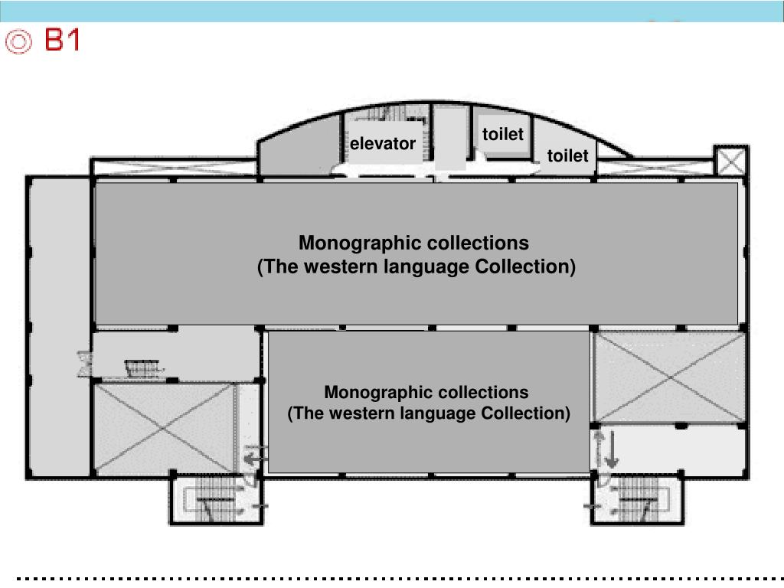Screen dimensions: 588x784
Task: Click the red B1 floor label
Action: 62,40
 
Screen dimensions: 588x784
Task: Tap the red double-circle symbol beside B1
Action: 19,41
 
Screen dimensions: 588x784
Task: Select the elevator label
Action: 383,144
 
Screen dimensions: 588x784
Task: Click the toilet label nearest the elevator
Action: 503,135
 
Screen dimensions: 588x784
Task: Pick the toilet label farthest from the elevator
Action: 567,156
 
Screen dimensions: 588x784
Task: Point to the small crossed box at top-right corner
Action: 731,162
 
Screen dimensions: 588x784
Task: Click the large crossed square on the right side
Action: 670,377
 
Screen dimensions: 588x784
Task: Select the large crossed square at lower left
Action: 164,429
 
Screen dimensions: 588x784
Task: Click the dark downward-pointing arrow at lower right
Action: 612,452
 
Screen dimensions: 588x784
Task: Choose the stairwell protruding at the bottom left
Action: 216,501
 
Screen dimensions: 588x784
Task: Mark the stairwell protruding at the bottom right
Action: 636,501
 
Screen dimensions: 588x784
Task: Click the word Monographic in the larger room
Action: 360,243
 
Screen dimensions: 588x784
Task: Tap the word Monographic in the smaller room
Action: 375,393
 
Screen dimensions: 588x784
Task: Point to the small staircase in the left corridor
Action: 143,368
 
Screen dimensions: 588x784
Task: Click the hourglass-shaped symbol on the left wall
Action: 84,362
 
